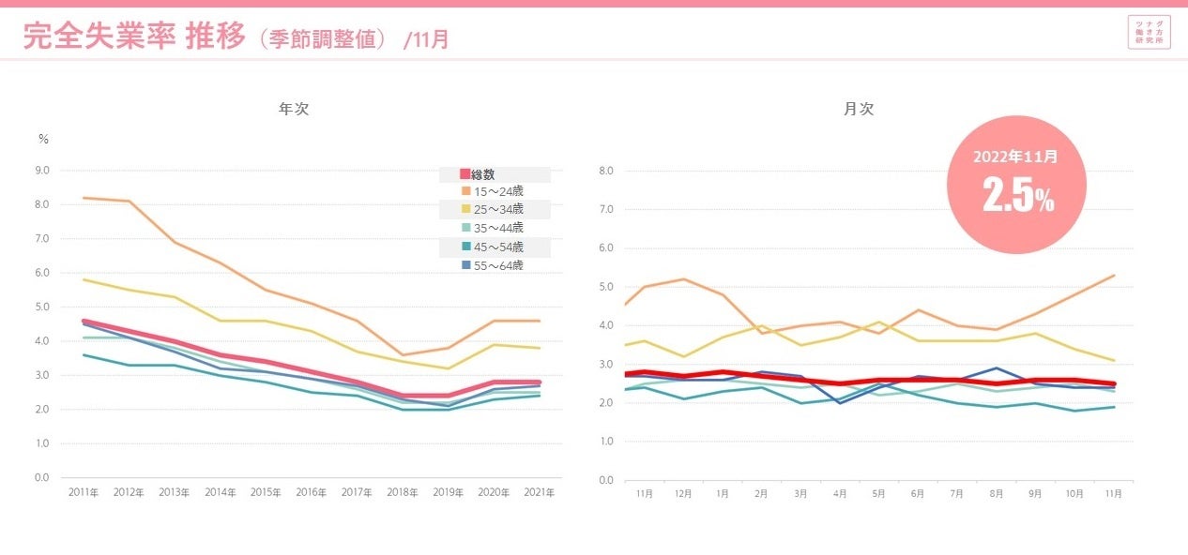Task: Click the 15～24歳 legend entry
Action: [497, 191]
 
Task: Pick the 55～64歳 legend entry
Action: [497, 265]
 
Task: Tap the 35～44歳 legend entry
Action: [497, 228]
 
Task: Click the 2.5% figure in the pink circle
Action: [1017, 196]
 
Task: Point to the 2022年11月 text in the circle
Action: [1016, 157]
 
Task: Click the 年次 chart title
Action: [294, 109]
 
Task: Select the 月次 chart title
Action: [858, 109]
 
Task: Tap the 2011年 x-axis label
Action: [84, 492]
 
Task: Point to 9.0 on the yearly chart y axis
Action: [42, 171]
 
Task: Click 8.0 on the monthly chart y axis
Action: [604, 172]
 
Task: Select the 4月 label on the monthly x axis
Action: [840, 493]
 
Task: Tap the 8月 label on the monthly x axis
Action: [996, 493]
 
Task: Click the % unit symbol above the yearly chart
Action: [43, 139]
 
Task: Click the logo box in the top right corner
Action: [1150, 32]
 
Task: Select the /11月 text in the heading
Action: [426, 39]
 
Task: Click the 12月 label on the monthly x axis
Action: [683, 493]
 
